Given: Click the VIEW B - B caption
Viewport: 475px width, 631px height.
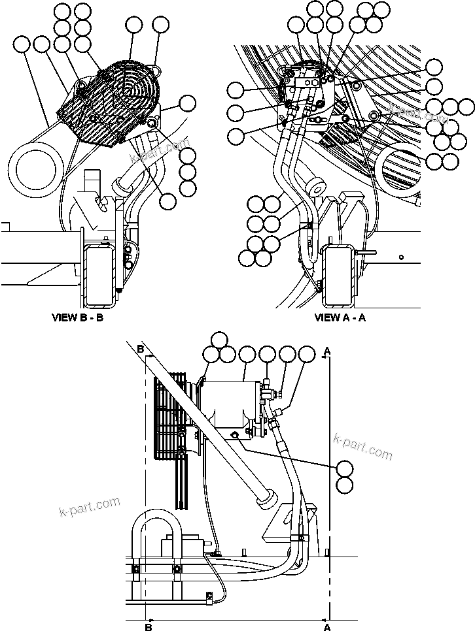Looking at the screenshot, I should [x=78, y=318].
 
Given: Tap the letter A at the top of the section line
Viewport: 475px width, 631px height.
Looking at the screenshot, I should [x=327, y=351].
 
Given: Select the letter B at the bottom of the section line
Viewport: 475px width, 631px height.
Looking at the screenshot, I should [x=149, y=626].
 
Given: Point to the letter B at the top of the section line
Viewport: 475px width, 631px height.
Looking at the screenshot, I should [x=141, y=349].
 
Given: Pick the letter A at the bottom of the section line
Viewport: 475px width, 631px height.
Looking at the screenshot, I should [x=326, y=626].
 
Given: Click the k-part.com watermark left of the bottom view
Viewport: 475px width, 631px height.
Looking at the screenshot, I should [x=90, y=506].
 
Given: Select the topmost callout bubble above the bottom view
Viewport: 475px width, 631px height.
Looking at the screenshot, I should [x=220, y=339].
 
